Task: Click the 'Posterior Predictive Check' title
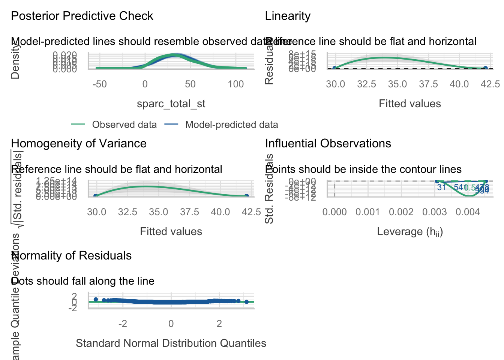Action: point(82,16)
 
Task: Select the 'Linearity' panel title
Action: point(288,16)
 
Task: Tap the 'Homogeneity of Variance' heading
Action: point(79,144)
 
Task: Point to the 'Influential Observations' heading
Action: point(328,144)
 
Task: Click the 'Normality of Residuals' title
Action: point(71,256)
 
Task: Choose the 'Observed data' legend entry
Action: point(124,125)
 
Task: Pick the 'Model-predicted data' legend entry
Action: point(231,125)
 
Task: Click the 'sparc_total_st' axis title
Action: point(171,104)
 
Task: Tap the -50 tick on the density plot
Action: point(100,84)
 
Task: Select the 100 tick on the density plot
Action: point(236,84)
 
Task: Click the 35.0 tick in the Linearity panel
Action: point(397,84)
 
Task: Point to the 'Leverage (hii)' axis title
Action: point(410,232)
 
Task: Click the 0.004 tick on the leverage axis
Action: point(468,212)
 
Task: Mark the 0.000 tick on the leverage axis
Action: point(334,212)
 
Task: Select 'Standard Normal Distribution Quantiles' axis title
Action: point(171,343)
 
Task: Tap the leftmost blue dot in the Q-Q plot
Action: point(96,299)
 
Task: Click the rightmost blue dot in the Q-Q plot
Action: point(246,302)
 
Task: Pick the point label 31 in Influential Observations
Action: point(442,187)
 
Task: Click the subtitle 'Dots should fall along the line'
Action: point(83,281)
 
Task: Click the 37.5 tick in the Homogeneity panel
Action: point(190,212)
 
